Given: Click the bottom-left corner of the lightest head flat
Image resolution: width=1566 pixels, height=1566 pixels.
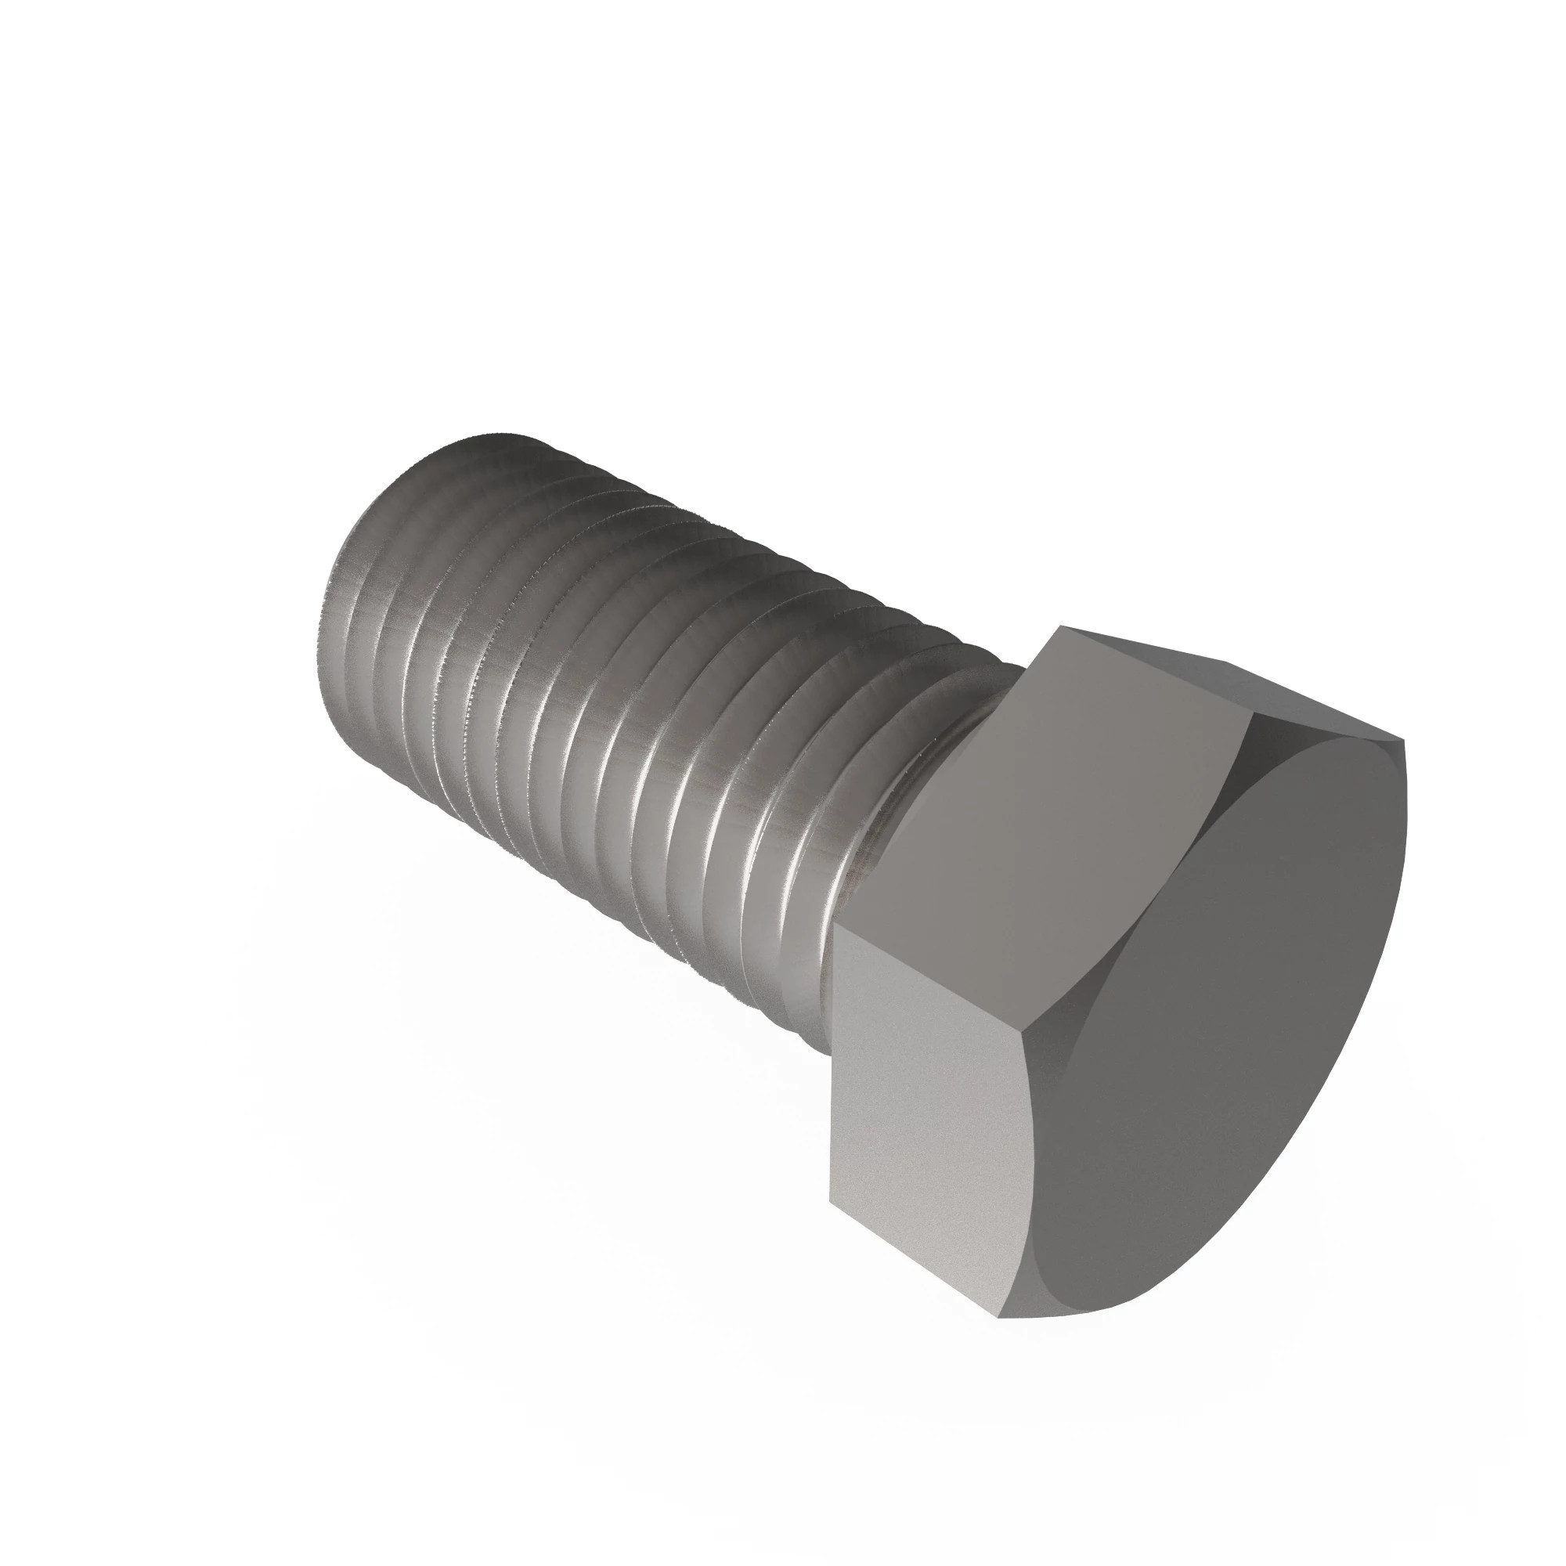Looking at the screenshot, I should (x=830, y=1202).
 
